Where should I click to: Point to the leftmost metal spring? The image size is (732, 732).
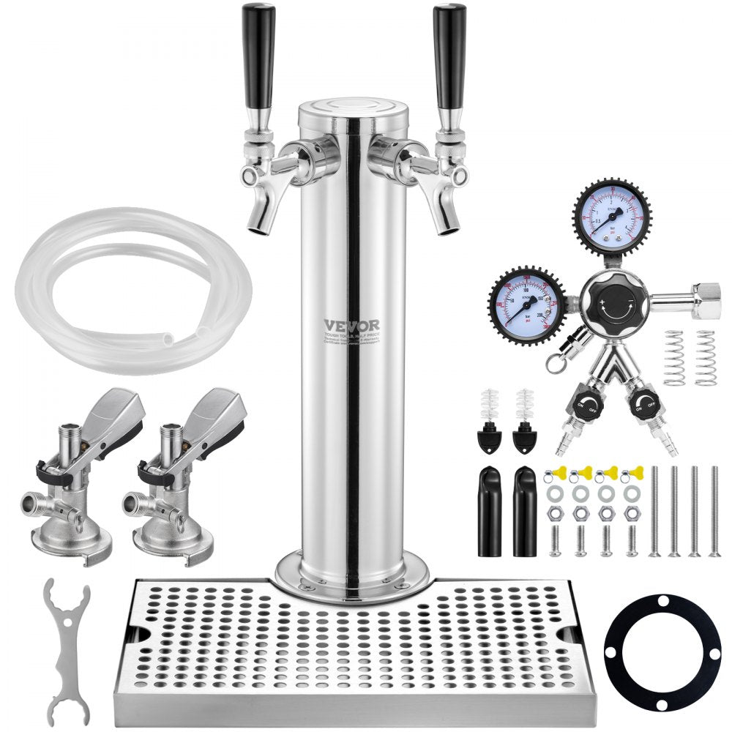click(674, 358)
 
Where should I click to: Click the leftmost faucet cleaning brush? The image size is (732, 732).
click(487, 421)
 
